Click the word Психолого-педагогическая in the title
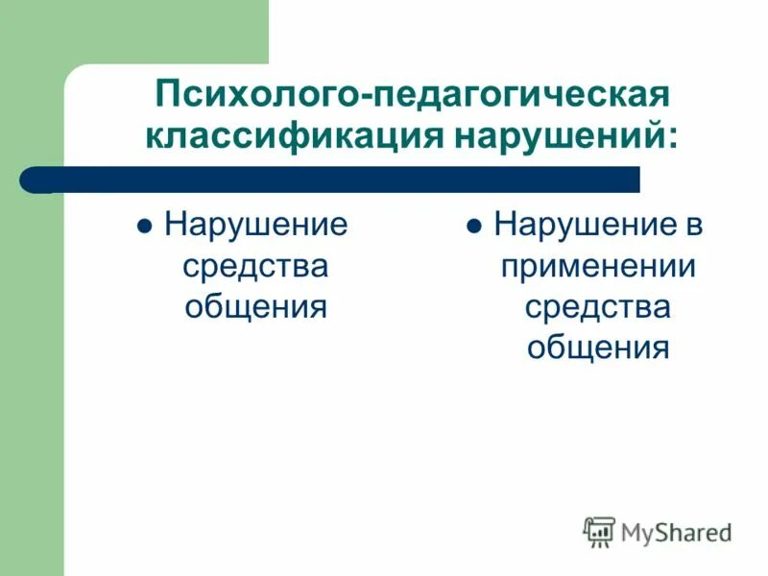[x=411, y=96]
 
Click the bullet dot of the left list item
[x=143, y=230]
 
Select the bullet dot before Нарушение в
[x=473, y=230]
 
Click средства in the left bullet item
[x=255, y=268]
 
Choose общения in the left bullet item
[x=255, y=307]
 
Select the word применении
[x=597, y=268]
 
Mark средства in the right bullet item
[x=597, y=307]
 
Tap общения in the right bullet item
[x=597, y=348]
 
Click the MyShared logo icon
[x=599, y=531]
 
